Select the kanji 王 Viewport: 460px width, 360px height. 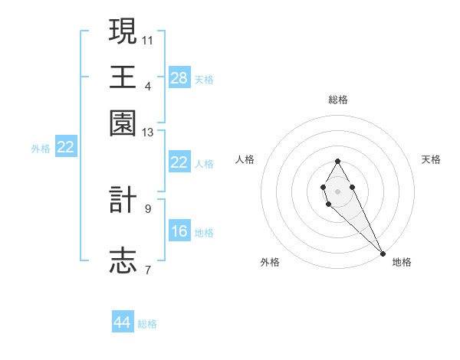coord(123,76)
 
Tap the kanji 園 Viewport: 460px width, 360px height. coord(123,123)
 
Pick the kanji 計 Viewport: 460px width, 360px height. coord(123,201)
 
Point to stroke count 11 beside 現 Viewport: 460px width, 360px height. coord(148,39)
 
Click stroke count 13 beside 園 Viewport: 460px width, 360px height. coord(148,133)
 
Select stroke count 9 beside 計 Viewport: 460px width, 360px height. coord(148,208)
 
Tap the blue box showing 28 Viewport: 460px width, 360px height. coord(179,77)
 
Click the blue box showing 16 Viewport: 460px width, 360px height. coord(179,231)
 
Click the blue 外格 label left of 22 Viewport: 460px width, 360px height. coord(41,148)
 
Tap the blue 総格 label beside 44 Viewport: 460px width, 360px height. coord(147,324)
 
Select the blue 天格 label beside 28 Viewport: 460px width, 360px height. coord(204,79)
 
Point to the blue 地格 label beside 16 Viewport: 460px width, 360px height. coord(204,232)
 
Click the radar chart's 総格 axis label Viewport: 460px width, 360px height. coord(338,100)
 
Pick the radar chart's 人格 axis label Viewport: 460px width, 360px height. coord(245,159)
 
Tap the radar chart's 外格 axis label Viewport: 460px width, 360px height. coord(270,262)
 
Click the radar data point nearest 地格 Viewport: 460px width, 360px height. coord(383,254)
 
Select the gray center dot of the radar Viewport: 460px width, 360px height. coord(337,190)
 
